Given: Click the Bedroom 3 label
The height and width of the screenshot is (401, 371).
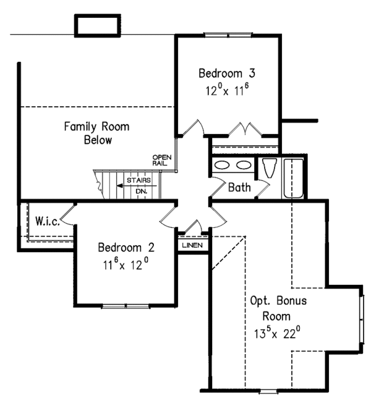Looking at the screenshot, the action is coord(227,73).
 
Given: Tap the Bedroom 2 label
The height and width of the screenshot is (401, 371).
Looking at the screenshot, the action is coord(126,248).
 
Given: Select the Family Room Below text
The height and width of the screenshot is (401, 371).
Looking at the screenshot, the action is coord(96,133).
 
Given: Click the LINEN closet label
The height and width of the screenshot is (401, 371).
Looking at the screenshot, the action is coord(192,245).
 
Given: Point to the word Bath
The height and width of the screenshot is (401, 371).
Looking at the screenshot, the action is coord(239,187).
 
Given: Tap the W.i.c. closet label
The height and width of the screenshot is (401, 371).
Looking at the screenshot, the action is coord(48,221).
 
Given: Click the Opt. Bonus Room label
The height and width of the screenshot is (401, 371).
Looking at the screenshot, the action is coord(278,308).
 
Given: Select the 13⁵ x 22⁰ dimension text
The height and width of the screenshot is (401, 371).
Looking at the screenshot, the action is coord(278,333).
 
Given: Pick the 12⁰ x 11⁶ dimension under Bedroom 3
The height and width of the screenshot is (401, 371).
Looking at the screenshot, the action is coord(227,90).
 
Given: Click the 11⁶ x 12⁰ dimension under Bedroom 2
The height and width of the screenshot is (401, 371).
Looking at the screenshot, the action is coord(126,264).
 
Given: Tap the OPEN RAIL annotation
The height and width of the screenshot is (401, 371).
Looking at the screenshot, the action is coord(162,161).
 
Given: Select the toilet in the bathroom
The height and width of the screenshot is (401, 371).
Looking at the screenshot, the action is coord(270,168).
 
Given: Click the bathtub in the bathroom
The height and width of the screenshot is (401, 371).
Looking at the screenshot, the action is coord(294,178).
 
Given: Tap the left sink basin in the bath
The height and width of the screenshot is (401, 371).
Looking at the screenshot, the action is coord(222,165).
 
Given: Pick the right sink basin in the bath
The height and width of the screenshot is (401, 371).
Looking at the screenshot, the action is coord(244,165).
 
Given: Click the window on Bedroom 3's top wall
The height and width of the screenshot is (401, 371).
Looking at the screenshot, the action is coord(228,35).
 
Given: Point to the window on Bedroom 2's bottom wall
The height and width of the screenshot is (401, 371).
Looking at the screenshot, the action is coord(126,306).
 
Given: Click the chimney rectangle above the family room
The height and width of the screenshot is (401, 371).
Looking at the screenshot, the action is coord(98,25).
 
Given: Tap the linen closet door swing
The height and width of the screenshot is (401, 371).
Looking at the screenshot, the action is coord(194,226).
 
